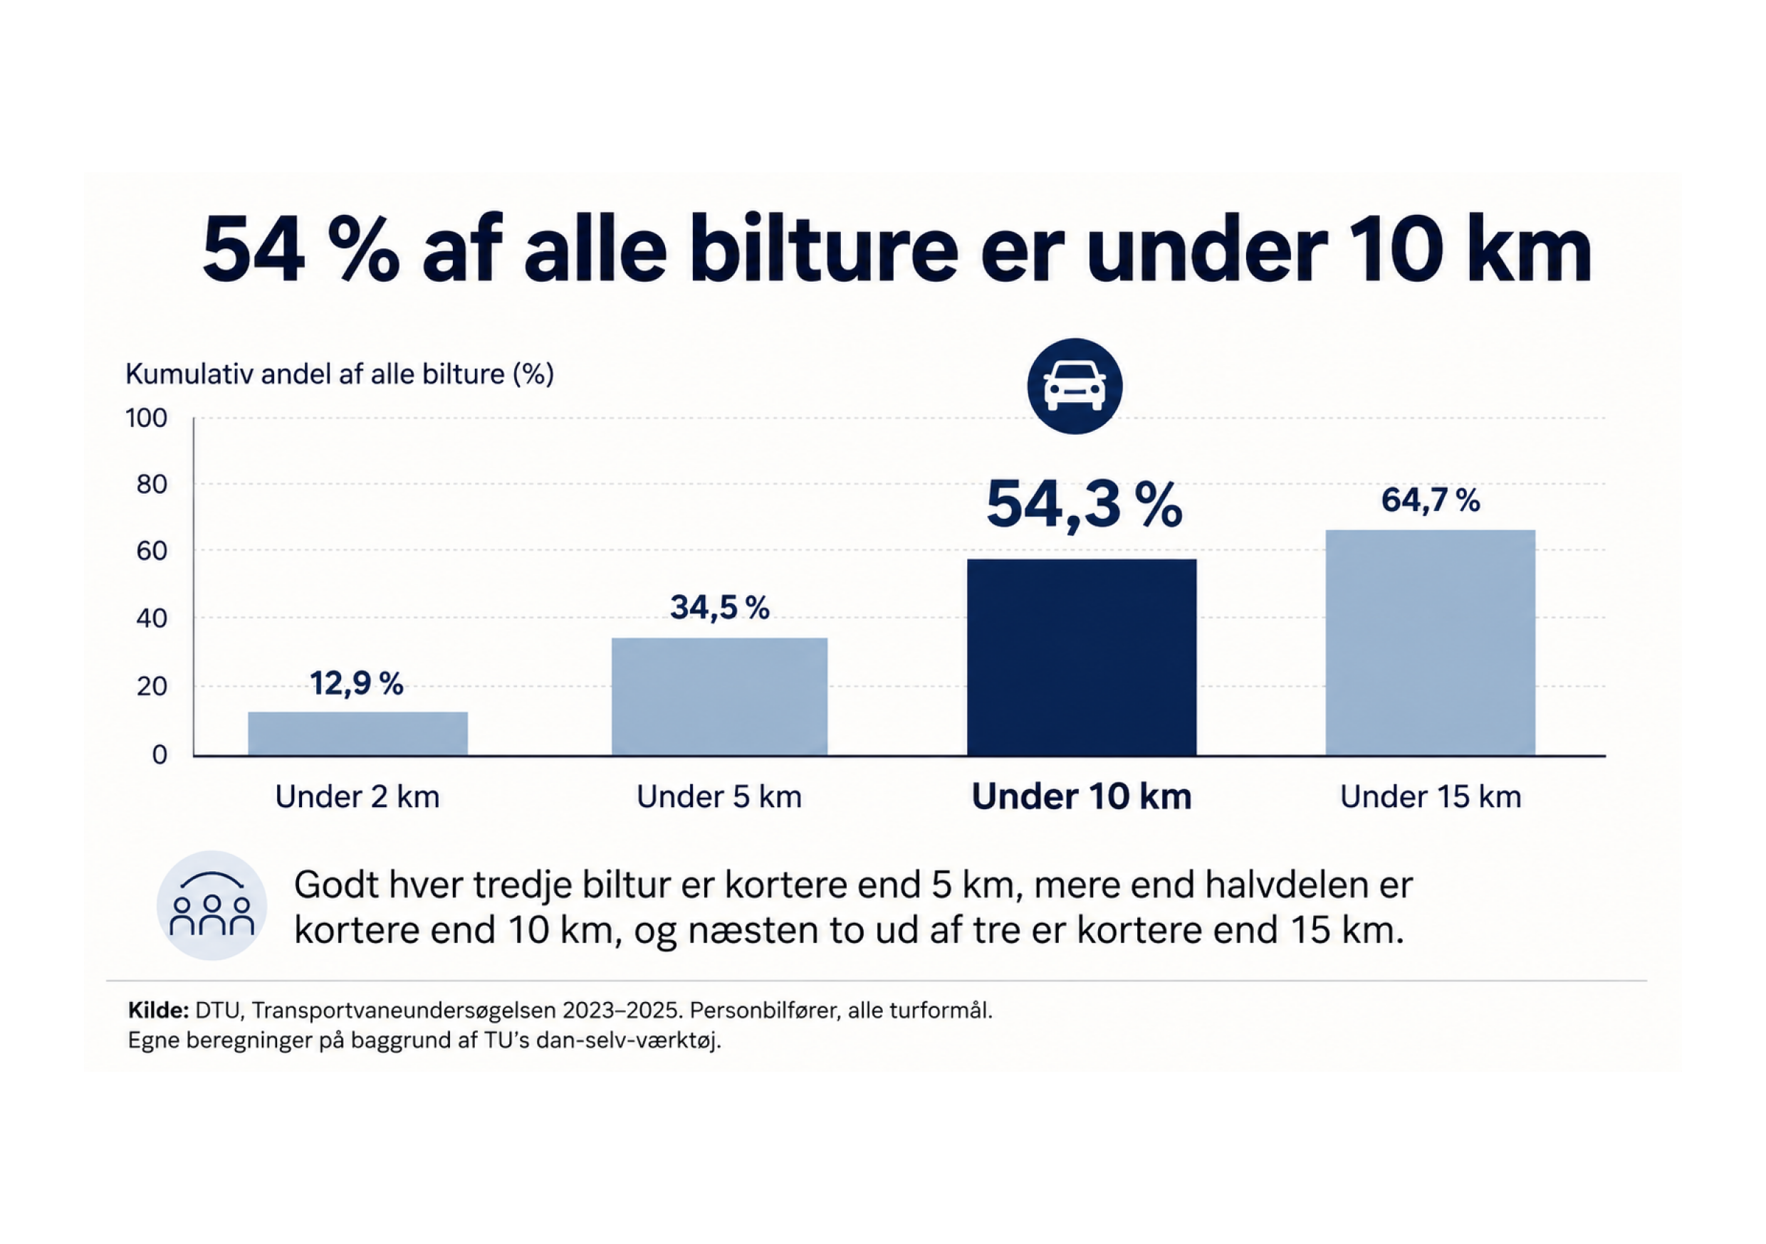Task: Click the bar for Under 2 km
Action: click(x=357, y=734)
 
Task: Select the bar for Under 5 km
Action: click(x=719, y=697)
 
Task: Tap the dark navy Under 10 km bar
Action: click(x=1082, y=658)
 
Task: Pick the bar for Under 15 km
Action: click(x=1431, y=643)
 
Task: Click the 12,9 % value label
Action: click(x=357, y=683)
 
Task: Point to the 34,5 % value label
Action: click(x=720, y=607)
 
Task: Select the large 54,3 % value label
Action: click(x=1084, y=506)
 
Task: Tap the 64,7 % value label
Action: click(x=1431, y=500)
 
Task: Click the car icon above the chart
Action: click(x=1075, y=386)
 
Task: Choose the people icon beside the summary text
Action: click(x=211, y=905)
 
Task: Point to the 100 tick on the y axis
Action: click(x=146, y=418)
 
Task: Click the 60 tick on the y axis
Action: click(x=152, y=552)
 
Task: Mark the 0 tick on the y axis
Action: click(x=160, y=755)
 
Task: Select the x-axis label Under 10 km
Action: click(x=1082, y=796)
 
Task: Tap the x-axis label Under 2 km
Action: click(x=357, y=797)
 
